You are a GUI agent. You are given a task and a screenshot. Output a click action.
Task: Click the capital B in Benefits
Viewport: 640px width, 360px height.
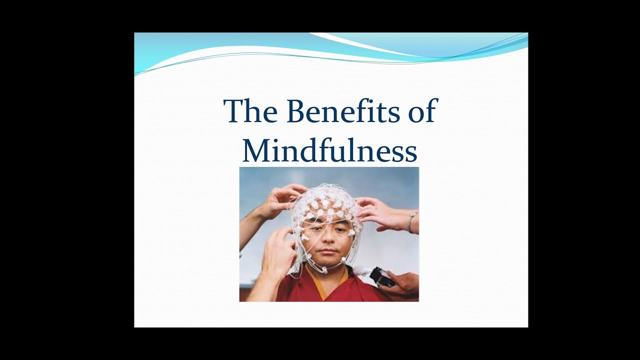point(299,111)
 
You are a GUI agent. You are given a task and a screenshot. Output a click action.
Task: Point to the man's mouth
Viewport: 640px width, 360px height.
point(326,252)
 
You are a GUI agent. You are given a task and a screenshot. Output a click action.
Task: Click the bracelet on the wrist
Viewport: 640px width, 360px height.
point(411,221)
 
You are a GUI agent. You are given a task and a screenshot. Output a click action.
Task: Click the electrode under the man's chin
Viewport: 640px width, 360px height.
point(323,269)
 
